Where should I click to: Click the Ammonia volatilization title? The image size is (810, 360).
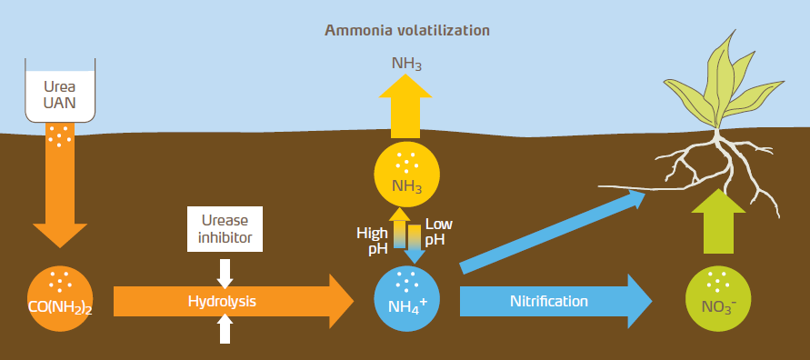coord(407,29)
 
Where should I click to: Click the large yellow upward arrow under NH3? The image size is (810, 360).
coord(407,107)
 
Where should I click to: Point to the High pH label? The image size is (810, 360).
coord(372,239)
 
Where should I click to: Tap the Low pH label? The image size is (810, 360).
coord(439,231)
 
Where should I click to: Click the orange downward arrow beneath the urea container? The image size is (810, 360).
coord(60,186)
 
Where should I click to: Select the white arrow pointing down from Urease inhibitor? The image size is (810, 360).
coord(225,271)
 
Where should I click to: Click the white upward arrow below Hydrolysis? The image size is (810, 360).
coord(225,330)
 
